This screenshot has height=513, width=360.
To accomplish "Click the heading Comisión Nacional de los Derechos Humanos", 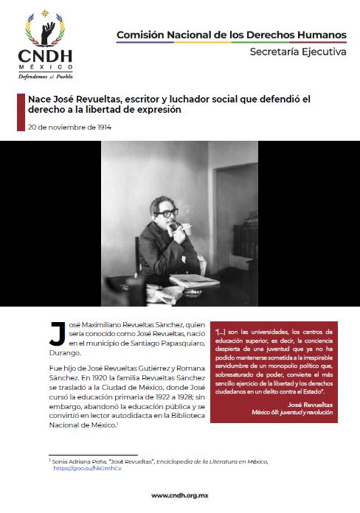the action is (x=231, y=34).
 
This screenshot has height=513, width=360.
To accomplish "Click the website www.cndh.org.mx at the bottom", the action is (x=179, y=495).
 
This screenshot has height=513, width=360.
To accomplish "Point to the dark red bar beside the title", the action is (x=22, y=105).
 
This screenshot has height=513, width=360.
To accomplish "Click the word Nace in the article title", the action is (x=40, y=98).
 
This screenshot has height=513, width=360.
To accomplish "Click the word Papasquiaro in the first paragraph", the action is (x=176, y=343).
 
